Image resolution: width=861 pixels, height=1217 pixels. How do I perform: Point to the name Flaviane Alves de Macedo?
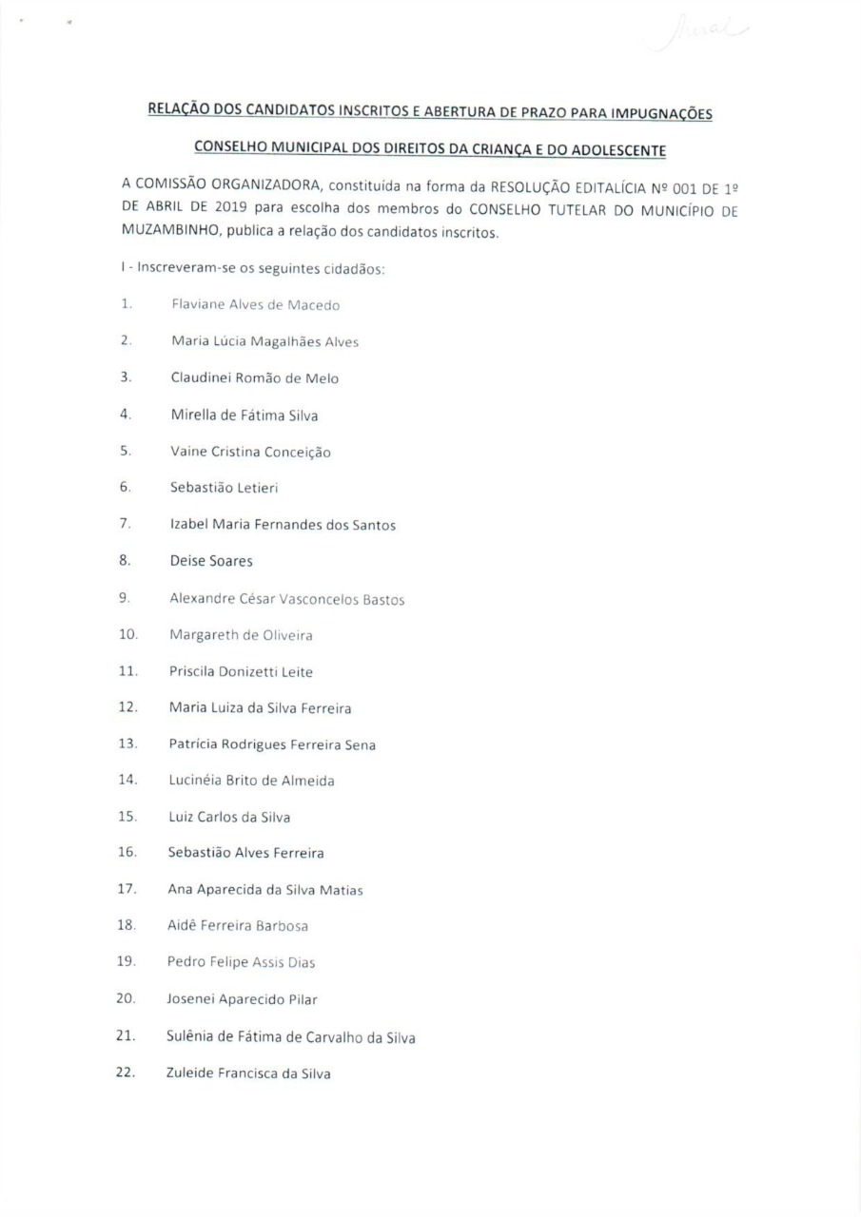255,305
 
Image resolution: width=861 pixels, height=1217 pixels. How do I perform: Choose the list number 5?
125,452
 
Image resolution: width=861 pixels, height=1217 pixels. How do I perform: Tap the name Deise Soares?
211,561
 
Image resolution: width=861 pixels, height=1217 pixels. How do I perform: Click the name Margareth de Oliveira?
241,634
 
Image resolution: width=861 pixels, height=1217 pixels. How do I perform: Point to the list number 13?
127,744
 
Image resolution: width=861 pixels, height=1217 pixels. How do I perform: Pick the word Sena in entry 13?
360,744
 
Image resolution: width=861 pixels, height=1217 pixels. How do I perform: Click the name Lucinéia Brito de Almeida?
252,781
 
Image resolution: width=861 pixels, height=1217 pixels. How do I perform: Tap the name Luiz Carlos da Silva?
229,817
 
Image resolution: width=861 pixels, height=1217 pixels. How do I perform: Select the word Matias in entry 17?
342,890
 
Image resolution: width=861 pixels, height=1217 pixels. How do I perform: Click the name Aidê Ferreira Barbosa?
238,925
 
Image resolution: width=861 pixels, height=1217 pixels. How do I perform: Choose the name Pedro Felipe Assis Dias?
242,962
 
